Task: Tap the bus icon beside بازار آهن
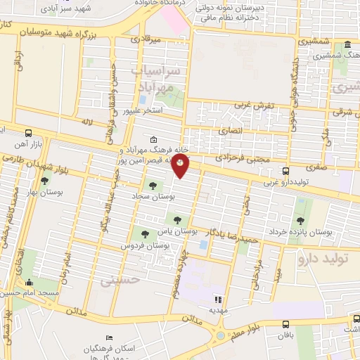[29, 132]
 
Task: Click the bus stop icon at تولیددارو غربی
[285, 171]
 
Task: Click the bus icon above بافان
[286, 324]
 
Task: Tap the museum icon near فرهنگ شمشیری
[349, 45]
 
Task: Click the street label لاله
[86, 122]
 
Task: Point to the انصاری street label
[230, 130]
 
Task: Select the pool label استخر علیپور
[143, 111]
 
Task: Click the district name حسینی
[116, 281]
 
